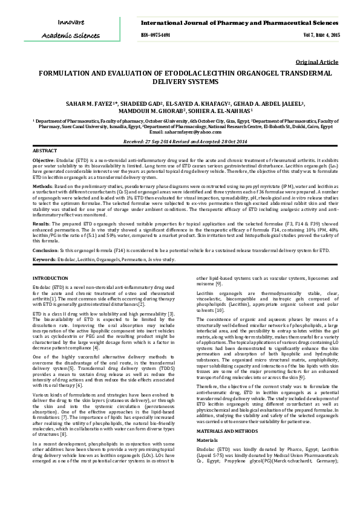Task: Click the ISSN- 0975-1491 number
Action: coord(155,35)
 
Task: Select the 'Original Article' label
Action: coord(317,62)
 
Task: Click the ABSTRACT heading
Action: coord(45,150)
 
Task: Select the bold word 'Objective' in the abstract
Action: coord(43,160)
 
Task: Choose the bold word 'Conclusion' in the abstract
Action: coord(45,250)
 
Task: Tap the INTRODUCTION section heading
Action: coord(50,277)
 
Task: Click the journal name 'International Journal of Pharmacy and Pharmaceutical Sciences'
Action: coord(240,23)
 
